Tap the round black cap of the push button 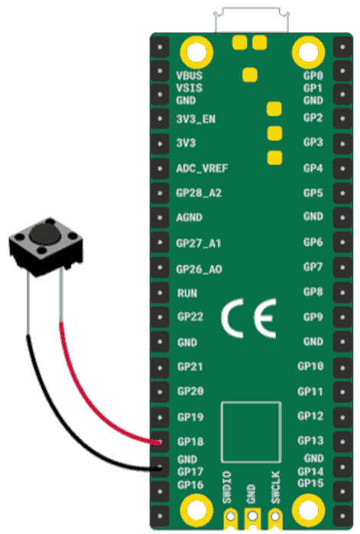click(x=44, y=234)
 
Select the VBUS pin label click(x=190, y=75)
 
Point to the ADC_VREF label click(x=202, y=168)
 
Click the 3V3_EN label click(x=196, y=119)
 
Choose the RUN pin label click(x=187, y=293)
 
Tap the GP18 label click(x=190, y=441)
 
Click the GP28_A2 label click(x=199, y=193)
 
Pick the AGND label click(x=190, y=217)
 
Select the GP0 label click(x=313, y=75)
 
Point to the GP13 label click(x=310, y=441)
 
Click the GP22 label click(x=190, y=317)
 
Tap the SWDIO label click(x=227, y=487)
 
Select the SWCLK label click(x=276, y=487)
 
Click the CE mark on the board click(x=248, y=318)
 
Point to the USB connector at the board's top click(x=251, y=20)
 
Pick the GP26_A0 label click(x=199, y=269)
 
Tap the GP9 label click(x=313, y=317)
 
